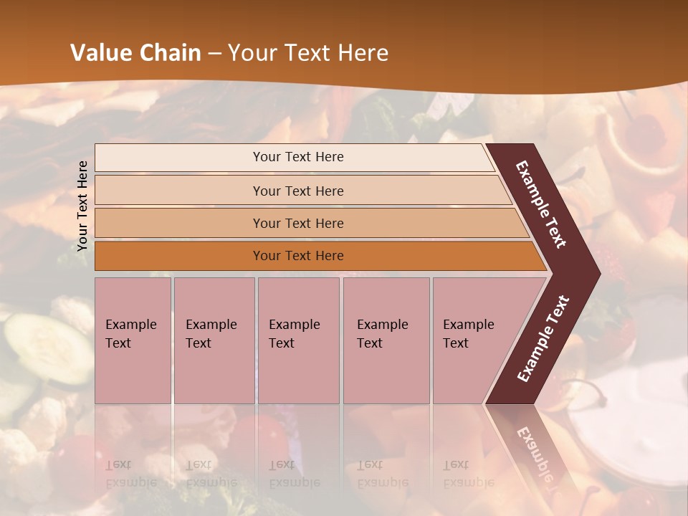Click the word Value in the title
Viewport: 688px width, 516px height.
100,53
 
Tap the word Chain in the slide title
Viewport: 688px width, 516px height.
170,53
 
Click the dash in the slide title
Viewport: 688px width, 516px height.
214,54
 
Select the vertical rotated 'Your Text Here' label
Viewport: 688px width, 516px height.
82,206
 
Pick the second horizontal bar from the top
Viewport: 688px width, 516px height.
298,191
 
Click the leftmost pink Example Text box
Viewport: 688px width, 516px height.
133,340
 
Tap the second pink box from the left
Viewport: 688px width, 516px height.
214,340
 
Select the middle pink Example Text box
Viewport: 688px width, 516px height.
298,340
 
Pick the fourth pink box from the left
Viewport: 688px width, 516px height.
386,340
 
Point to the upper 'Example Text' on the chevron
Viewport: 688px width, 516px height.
541,204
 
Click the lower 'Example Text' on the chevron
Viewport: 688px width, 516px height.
543,338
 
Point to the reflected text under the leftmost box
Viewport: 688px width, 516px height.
130,473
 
